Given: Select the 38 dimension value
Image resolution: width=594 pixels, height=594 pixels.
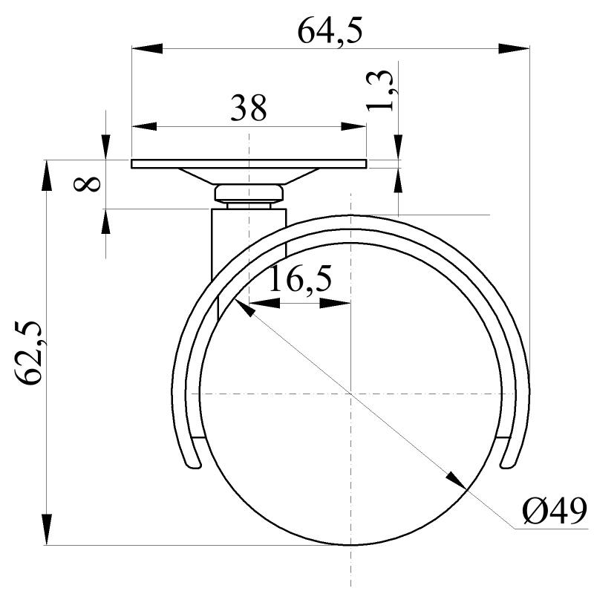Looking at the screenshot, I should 248,109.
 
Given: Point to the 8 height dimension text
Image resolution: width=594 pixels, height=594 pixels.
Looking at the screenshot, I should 90,183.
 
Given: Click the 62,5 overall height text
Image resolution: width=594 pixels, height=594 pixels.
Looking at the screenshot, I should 31,353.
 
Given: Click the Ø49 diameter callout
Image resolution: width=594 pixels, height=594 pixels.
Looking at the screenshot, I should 553,510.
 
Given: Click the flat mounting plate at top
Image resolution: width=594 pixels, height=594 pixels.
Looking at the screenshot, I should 249,163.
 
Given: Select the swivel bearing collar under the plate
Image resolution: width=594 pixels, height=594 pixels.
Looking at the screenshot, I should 249,194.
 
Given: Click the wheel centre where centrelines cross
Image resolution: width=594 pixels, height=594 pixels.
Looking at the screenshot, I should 350,392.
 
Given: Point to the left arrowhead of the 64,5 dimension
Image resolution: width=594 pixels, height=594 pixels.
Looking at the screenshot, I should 146,49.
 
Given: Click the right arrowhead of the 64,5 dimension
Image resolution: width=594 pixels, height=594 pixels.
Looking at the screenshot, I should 515,49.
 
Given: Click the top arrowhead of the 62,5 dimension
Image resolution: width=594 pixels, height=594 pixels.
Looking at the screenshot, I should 48,172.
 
